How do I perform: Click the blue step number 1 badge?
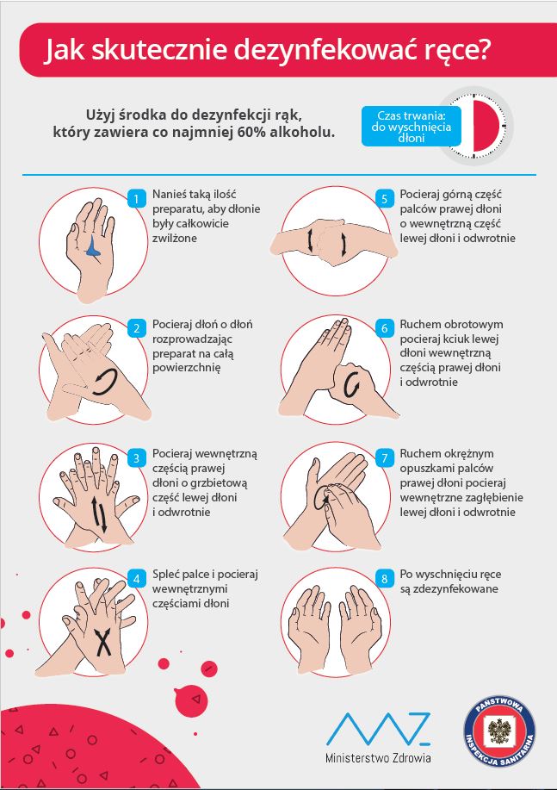(136, 198)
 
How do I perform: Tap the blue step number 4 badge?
(136, 579)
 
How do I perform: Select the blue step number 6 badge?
(384, 328)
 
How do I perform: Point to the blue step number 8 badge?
(384, 578)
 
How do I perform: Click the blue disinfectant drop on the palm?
(93, 247)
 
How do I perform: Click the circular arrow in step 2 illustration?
(105, 382)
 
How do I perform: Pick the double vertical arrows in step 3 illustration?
(99, 514)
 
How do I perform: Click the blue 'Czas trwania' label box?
(411, 127)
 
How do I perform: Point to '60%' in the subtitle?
(251, 133)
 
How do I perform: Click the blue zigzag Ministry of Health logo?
(378, 729)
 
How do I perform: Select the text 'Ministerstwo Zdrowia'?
(378, 758)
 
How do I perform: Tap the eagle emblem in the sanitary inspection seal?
(500, 731)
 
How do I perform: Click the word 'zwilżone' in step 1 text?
(174, 238)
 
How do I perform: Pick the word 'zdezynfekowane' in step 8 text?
(449, 589)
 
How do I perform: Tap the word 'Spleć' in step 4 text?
(165, 575)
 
